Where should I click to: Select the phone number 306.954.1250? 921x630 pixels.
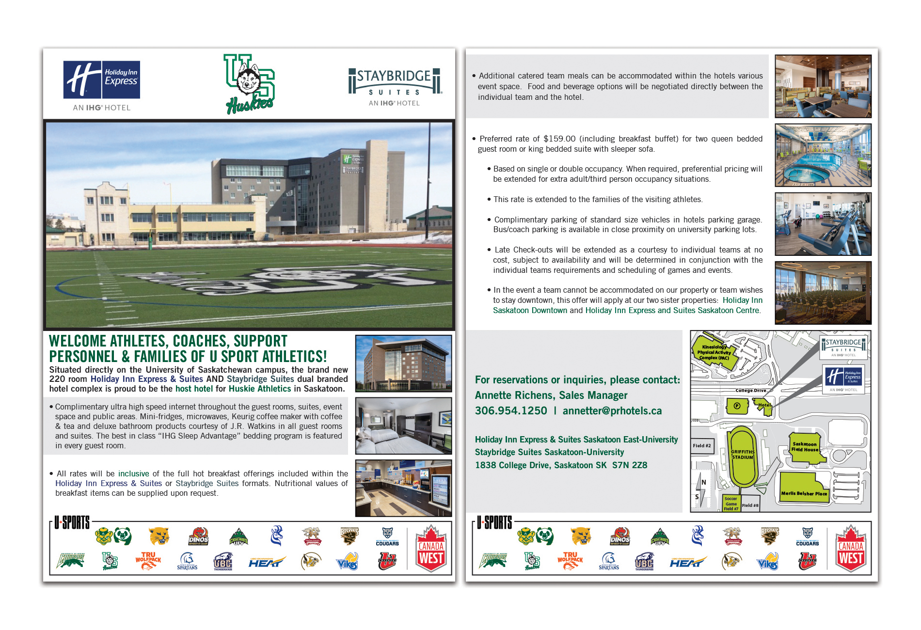[x=511, y=411]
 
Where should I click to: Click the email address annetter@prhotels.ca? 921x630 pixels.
[x=612, y=411]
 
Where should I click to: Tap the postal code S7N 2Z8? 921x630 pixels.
[x=630, y=465]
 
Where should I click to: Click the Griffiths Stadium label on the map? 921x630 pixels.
[x=742, y=455]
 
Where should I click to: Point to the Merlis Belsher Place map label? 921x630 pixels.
[x=804, y=493]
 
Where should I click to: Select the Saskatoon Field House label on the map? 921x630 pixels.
[x=805, y=447]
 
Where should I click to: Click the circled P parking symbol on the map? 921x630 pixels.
[x=737, y=406]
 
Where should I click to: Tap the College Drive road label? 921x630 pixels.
[x=751, y=390]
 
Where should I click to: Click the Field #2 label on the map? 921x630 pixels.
[x=701, y=446]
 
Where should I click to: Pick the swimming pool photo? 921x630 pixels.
[x=823, y=155]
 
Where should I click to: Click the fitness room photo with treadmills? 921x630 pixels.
[x=823, y=224]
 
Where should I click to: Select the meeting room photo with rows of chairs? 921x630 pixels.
[x=823, y=293]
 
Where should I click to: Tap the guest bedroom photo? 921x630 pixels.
[x=403, y=425]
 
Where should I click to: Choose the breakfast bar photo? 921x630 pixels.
[x=403, y=488]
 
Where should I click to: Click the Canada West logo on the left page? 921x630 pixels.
[x=431, y=548]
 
